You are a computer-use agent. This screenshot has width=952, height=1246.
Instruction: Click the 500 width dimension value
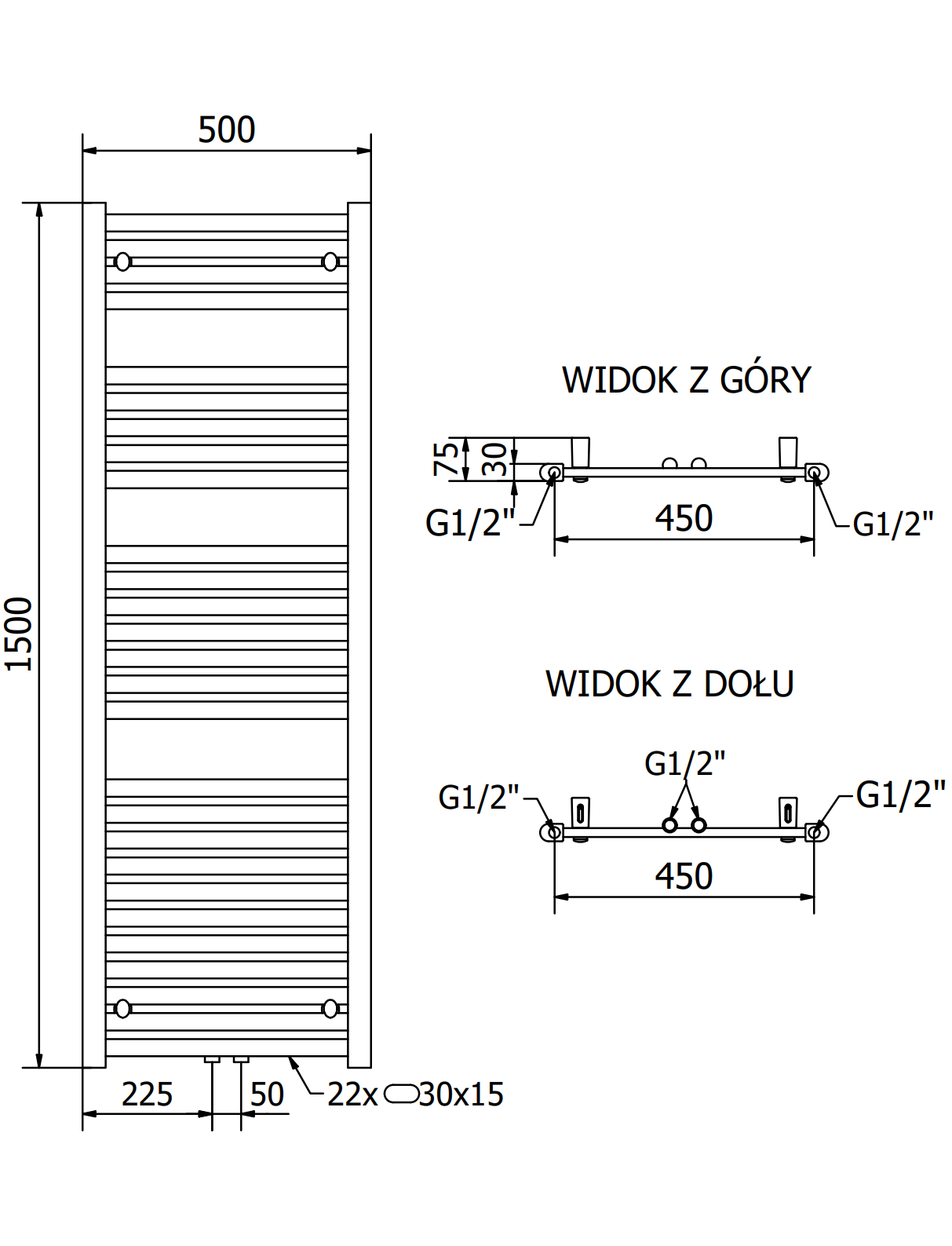(226, 130)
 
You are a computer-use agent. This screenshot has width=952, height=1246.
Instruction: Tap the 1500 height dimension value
(20, 634)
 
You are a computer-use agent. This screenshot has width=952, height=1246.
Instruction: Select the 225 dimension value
(147, 1094)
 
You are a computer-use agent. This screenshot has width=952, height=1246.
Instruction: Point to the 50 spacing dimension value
(267, 1094)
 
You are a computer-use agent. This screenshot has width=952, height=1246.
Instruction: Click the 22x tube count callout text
(352, 1094)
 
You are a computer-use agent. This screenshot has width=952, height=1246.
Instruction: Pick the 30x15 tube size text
(461, 1094)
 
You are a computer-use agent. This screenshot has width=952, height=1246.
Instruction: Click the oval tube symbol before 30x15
(400, 1093)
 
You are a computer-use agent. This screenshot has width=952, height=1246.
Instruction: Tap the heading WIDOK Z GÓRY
(686, 380)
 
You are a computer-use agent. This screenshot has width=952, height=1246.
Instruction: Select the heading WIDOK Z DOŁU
(669, 684)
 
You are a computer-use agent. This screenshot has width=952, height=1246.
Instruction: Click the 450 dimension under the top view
(684, 518)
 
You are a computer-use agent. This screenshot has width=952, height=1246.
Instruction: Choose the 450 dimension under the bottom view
(684, 876)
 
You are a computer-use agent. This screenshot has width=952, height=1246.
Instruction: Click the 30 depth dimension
(494, 459)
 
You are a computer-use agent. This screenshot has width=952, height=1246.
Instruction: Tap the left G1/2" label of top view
(469, 523)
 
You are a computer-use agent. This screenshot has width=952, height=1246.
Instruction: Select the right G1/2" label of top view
(893, 524)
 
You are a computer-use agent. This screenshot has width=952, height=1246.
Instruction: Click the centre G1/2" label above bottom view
(684, 763)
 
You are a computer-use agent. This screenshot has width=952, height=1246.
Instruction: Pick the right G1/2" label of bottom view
(900, 795)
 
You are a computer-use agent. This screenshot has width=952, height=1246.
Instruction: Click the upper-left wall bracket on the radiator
(123, 261)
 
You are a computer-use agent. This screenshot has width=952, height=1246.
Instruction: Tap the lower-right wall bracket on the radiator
(330, 1008)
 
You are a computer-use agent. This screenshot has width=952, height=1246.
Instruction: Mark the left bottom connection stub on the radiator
(212, 1060)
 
